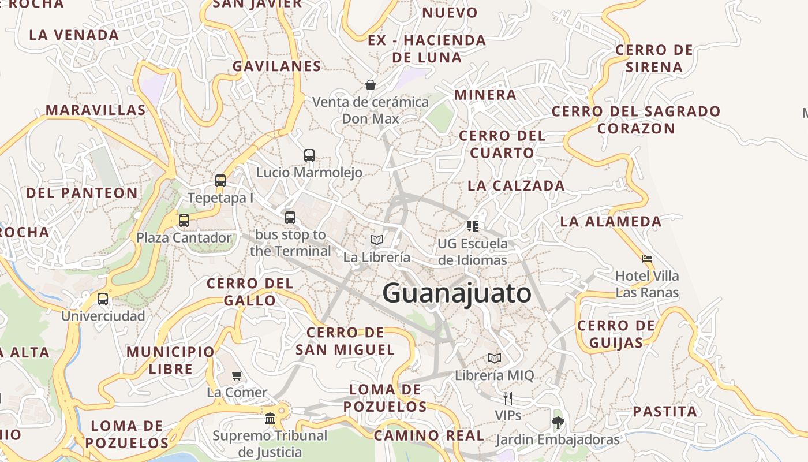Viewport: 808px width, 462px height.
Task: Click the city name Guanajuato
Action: coord(457,293)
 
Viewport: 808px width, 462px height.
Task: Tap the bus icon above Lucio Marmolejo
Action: coord(309,155)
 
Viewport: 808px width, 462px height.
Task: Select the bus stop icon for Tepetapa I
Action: coord(220,180)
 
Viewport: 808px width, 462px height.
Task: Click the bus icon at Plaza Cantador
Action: coord(184,220)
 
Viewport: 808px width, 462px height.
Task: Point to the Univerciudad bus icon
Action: coord(103,299)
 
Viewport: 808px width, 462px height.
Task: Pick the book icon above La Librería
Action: coord(377,240)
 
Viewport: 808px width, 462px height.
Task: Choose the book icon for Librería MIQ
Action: coord(495,358)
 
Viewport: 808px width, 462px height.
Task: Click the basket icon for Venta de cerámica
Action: coord(371,85)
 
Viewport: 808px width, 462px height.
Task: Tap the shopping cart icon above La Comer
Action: coord(237,376)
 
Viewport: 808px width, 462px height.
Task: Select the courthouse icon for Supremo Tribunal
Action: coord(270,418)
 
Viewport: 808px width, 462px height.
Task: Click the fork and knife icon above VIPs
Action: coord(508,398)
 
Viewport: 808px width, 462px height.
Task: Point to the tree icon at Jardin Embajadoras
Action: coord(558,423)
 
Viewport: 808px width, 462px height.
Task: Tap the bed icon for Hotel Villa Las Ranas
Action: coord(647,258)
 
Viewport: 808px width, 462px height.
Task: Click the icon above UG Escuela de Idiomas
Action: coord(473,226)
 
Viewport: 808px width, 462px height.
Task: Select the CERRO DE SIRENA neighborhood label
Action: coord(654,58)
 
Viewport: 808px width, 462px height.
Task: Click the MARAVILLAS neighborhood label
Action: coord(96,110)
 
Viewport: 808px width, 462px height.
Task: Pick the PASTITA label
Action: coord(665,412)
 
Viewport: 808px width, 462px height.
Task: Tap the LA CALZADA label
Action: coord(516,185)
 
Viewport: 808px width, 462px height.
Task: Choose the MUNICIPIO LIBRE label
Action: coord(170,360)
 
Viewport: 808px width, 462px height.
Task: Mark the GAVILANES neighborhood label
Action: coord(277,66)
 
